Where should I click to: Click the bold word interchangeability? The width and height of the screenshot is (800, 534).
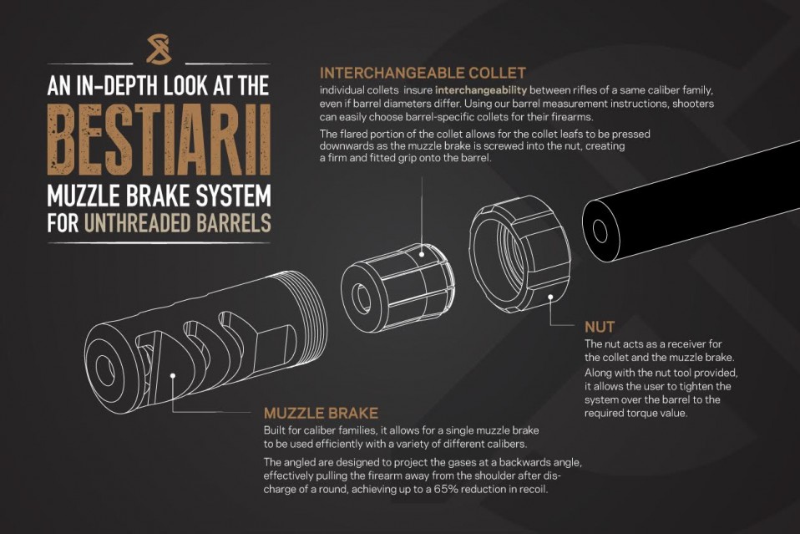(481, 89)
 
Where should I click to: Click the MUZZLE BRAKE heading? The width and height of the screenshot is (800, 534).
(321, 413)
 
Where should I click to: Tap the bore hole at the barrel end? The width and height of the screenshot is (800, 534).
(600, 231)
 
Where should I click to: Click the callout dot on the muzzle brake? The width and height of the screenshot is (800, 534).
(172, 378)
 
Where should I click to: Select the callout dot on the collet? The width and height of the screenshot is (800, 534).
(423, 253)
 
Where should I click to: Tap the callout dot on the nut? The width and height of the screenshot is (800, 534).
(551, 295)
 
